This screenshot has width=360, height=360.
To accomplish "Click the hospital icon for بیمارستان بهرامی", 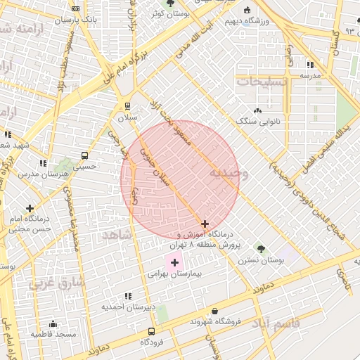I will tap(174, 262).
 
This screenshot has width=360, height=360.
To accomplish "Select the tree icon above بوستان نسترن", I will tap(261, 248).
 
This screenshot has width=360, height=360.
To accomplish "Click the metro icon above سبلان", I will tap(127, 106).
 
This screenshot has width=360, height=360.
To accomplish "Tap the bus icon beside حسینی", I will tap(84, 155).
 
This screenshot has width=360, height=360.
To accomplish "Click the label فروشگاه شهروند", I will tap(215, 321).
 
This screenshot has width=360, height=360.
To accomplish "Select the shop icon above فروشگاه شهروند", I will tap(214, 310).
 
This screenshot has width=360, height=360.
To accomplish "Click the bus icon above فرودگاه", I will tap(151, 331).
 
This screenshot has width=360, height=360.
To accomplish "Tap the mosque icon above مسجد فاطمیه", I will tap(53, 324).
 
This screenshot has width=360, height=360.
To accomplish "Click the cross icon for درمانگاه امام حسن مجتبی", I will tap(30, 208).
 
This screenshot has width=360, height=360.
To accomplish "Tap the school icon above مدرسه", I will tap(310, 65).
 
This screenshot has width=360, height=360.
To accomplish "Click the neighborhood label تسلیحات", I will tap(262, 82).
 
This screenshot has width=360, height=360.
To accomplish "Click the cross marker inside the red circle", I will tap(205, 224).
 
